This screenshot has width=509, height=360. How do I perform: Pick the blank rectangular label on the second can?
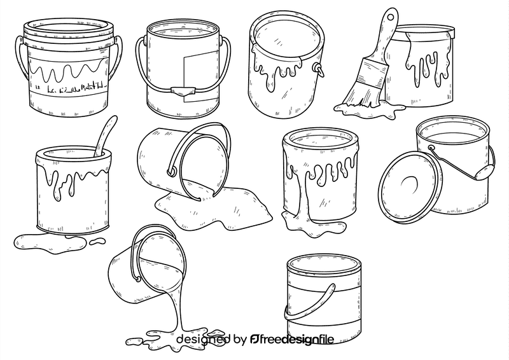click(x=191, y=70)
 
